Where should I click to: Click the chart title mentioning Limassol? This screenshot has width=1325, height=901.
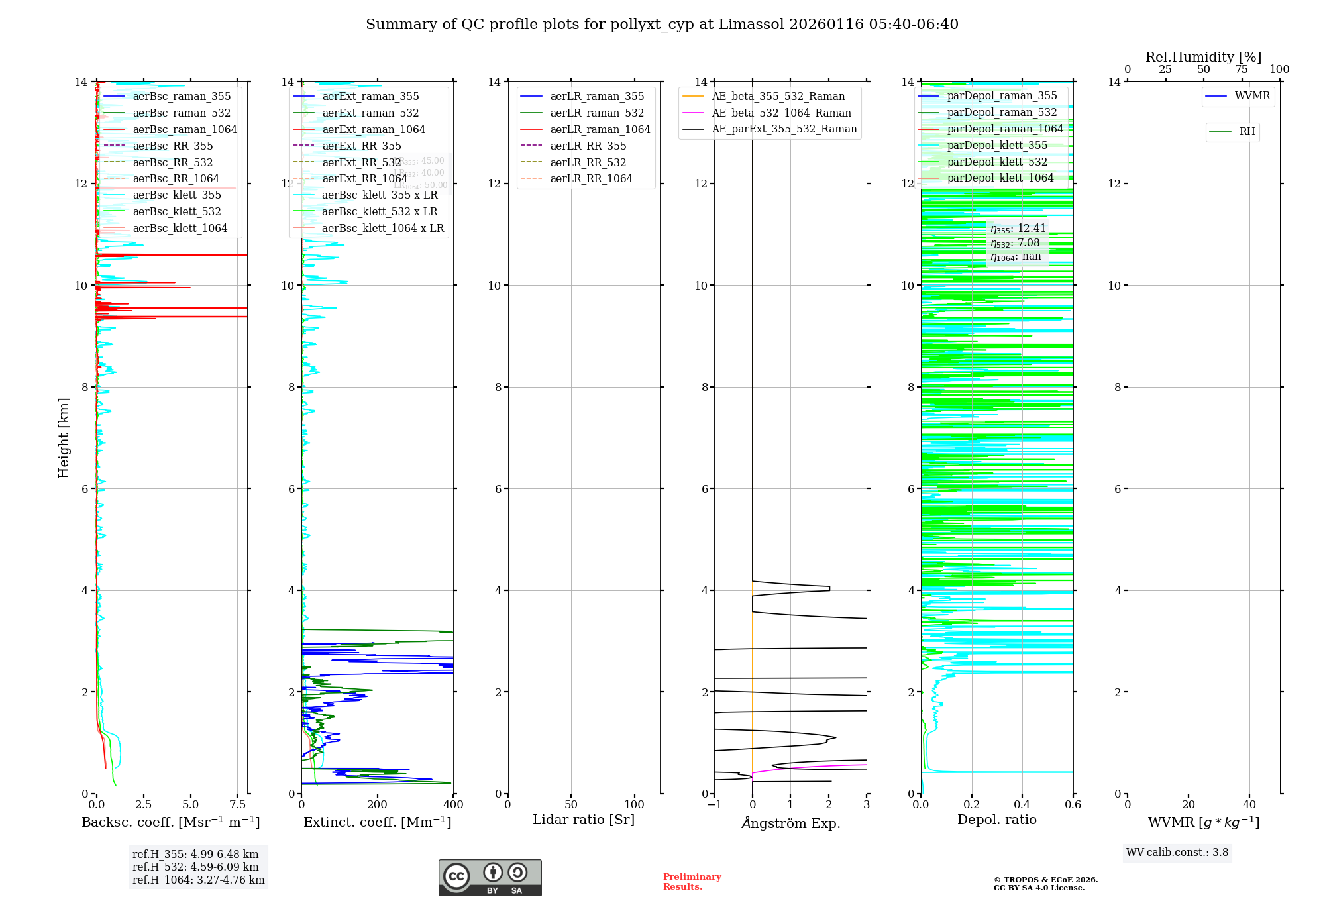(x=662, y=25)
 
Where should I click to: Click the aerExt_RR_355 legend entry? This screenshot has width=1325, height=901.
(x=361, y=146)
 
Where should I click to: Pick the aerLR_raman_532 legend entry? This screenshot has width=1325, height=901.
(x=596, y=113)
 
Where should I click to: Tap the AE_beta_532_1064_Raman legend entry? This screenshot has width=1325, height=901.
(x=781, y=113)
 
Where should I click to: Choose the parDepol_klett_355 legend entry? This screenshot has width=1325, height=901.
(x=997, y=145)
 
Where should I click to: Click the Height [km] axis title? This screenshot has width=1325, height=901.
(x=64, y=438)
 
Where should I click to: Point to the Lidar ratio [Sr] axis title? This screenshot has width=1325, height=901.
(x=584, y=820)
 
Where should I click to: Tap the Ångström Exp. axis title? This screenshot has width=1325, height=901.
(x=790, y=823)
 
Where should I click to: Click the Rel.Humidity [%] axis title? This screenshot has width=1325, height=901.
(x=1203, y=57)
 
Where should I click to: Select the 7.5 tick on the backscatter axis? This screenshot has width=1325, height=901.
(x=238, y=805)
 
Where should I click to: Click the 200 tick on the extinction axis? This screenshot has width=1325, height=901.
(x=377, y=805)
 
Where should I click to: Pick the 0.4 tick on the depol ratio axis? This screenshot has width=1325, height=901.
(x=1022, y=805)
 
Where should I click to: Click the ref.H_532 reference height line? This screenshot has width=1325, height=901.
(x=195, y=867)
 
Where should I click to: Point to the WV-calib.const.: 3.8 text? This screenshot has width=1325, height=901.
(x=1177, y=852)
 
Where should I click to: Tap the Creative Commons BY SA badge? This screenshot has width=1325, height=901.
(x=490, y=877)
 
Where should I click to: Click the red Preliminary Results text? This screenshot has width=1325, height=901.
(x=692, y=881)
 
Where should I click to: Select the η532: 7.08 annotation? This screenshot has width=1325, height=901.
(x=1015, y=243)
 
